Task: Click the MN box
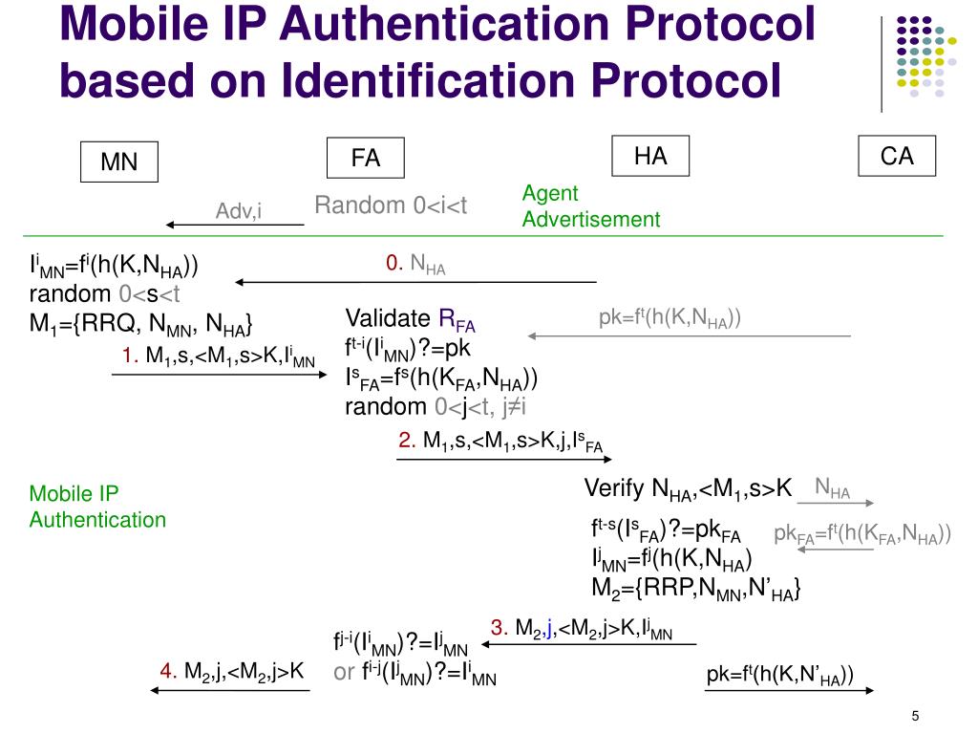click(x=118, y=162)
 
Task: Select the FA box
click(x=366, y=158)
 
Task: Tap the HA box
click(x=650, y=156)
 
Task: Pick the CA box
click(x=896, y=156)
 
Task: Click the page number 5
click(x=915, y=718)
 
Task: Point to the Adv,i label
click(x=239, y=210)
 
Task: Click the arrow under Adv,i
click(x=234, y=226)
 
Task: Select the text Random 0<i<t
click(x=392, y=205)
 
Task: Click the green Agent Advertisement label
click(x=590, y=206)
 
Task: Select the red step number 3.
click(x=499, y=628)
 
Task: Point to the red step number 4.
click(x=167, y=673)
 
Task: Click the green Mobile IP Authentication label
click(x=97, y=507)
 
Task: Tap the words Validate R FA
click(x=410, y=319)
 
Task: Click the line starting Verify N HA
click(x=688, y=489)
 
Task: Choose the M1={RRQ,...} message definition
click(x=140, y=325)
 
